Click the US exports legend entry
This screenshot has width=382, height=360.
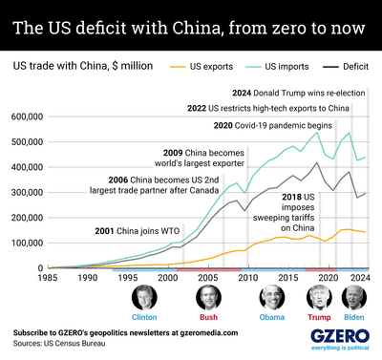202,67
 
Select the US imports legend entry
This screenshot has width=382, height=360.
277,67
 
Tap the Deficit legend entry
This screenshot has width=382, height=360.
346,67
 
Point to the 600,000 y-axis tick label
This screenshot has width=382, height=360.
27,116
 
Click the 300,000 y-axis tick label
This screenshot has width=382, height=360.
27,193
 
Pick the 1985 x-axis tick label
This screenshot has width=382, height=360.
48,278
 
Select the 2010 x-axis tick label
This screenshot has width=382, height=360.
248,278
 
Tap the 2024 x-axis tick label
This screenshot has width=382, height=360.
360,278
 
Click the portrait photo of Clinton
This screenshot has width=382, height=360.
144,298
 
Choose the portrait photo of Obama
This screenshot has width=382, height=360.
272,298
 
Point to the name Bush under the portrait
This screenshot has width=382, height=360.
208,317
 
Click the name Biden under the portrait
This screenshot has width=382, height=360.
354,317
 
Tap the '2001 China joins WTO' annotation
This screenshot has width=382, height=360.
138,231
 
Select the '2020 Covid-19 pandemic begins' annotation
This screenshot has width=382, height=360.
273,125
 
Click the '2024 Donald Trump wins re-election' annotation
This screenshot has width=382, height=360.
299,93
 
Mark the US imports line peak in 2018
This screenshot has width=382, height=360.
317,132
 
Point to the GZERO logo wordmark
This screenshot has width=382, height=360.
340,336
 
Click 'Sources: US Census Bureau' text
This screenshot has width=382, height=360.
59,344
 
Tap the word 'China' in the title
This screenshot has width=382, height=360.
197,28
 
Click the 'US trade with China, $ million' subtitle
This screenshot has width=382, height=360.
83,66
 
